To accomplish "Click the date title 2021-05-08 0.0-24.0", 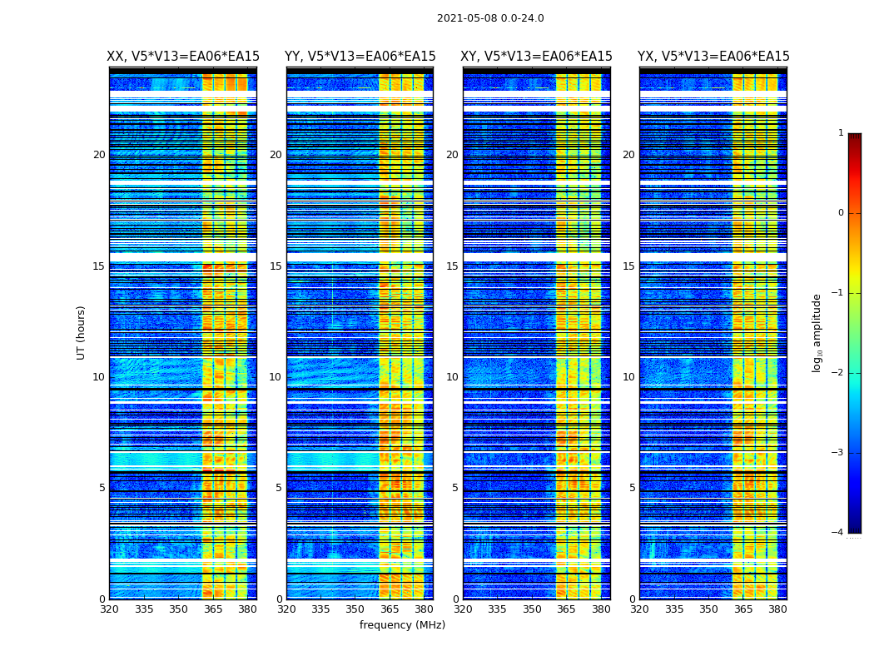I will pyautogui.click(x=490, y=18).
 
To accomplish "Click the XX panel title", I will pyautogui.click(x=183, y=57).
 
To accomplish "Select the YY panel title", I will pyautogui.click(x=360, y=57).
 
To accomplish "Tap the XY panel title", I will pyautogui.click(x=537, y=57).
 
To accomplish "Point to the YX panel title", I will pyautogui.click(x=713, y=57).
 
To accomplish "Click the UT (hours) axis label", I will pyautogui.click(x=82, y=332).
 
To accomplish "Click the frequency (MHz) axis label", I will pyautogui.click(x=402, y=625).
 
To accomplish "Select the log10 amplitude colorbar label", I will pyautogui.click(x=817, y=332).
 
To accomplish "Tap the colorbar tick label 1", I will pyautogui.click(x=841, y=133).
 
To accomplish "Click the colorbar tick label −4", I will pyautogui.click(x=838, y=533).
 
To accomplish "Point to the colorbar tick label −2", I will pyautogui.click(x=838, y=373).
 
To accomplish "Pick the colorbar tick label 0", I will pyautogui.click(x=841, y=213).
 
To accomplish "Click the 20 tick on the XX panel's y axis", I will pyautogui.click(x=99, y=155).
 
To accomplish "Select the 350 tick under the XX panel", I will pyautogui.click(x=178, y=609).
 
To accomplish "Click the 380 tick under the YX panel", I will pyautogui.click(x=777, y=609).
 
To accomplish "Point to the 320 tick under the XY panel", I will pyautogui.click(x=464, y=609).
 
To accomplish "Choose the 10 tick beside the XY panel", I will pyautogui.click(x=452, y=377).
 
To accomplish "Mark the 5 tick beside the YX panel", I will pyautogui.click(x=632, y=488).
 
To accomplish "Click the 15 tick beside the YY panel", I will pyautogui.click(x=276, y=266).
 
